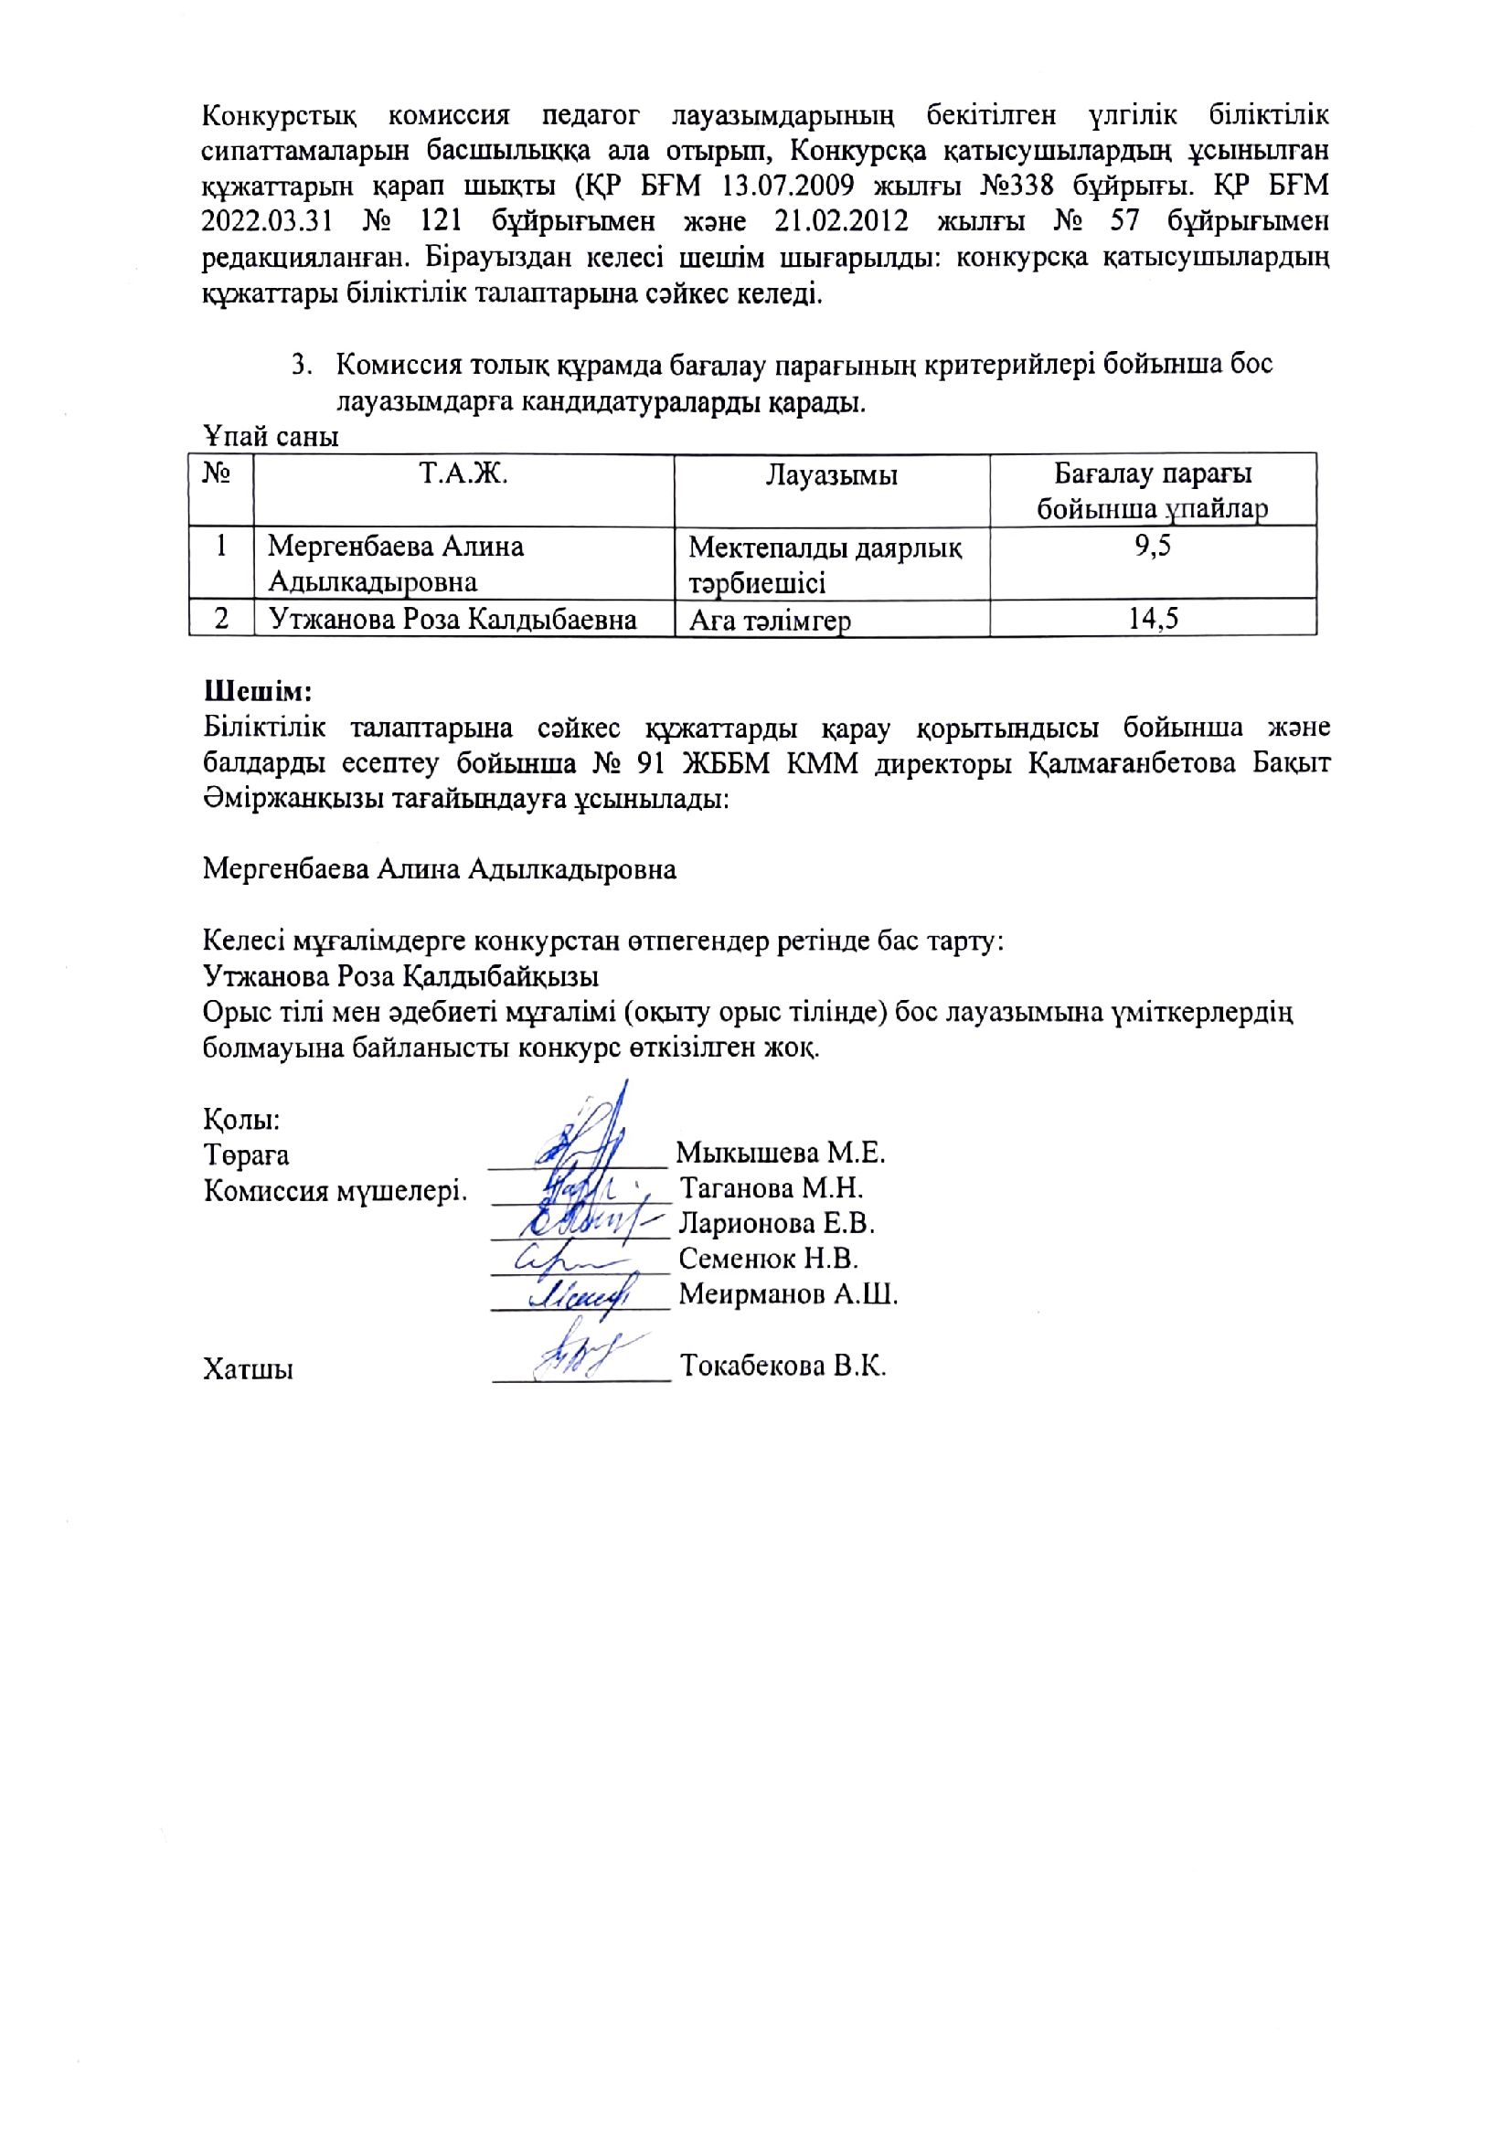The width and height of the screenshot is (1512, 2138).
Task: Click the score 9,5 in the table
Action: click(x=1152, y=546)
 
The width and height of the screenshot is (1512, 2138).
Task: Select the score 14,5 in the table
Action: click(x=1153, y=618)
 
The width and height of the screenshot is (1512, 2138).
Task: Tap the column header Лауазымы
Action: click(x=831, y=476)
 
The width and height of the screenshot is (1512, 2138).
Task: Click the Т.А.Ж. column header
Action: click(x=463, y=474)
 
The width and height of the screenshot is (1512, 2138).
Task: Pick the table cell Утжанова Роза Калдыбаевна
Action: click(x=453, y=619)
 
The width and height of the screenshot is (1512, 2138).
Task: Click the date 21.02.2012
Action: click(x=838, y=221)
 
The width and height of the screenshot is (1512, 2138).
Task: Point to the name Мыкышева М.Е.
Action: click(x=780, y=1153)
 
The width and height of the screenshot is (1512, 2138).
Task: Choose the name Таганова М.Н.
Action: click(x=772, y=1188)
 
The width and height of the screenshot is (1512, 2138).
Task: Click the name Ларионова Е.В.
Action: click(x=776, y=1223)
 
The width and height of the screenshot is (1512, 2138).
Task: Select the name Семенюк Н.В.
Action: click(x=768, y=1259)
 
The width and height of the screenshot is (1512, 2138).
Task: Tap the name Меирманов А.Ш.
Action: click(x=788, y=1294)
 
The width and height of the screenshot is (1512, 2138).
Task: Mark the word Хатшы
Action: click(x=248, y=1369)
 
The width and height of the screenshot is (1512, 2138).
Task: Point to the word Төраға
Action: click(x=246, y=1155)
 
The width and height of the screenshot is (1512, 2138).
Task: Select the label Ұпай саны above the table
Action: click(x=270, y=436)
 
